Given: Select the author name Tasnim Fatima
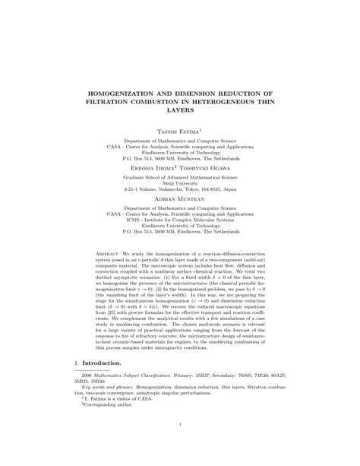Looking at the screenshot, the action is click(x=178, y=132).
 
